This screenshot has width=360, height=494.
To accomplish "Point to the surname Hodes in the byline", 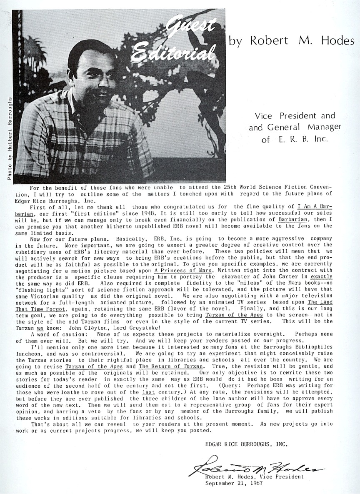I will [337, 40].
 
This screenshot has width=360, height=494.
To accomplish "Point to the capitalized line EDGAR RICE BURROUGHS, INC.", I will [246, 444].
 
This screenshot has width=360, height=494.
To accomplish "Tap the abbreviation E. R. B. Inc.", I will [300, 140].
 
